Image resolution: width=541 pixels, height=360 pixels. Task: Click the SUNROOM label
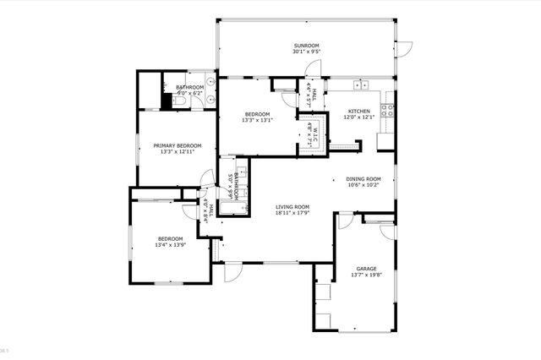tap(305, 44)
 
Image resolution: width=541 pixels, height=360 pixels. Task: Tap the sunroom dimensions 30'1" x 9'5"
tap(305, 52)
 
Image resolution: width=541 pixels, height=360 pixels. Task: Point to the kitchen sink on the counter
tap(361, 85)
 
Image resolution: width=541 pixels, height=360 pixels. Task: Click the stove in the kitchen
tap(390, 109)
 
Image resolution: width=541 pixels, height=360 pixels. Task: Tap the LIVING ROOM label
tap(292, 206)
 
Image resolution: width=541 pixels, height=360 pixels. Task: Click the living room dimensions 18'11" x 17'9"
tap(292, 214)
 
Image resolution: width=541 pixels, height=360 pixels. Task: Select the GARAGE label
tap(366, 267)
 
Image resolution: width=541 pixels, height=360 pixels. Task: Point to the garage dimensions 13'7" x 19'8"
tap(366, 275)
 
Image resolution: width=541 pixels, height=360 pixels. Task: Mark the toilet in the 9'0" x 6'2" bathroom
tap(178, 101)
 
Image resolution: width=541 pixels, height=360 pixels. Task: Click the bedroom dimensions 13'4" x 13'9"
tap(170, 246)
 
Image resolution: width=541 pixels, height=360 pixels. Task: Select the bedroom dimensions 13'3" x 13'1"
tap(257, 121)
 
